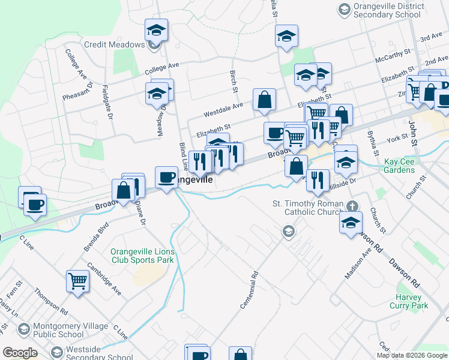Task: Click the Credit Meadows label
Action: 115,45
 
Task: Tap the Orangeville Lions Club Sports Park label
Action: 142,256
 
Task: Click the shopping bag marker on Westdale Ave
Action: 264,100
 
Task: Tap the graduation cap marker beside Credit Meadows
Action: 156,30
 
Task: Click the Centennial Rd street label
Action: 249,290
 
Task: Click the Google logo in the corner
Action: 20,353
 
